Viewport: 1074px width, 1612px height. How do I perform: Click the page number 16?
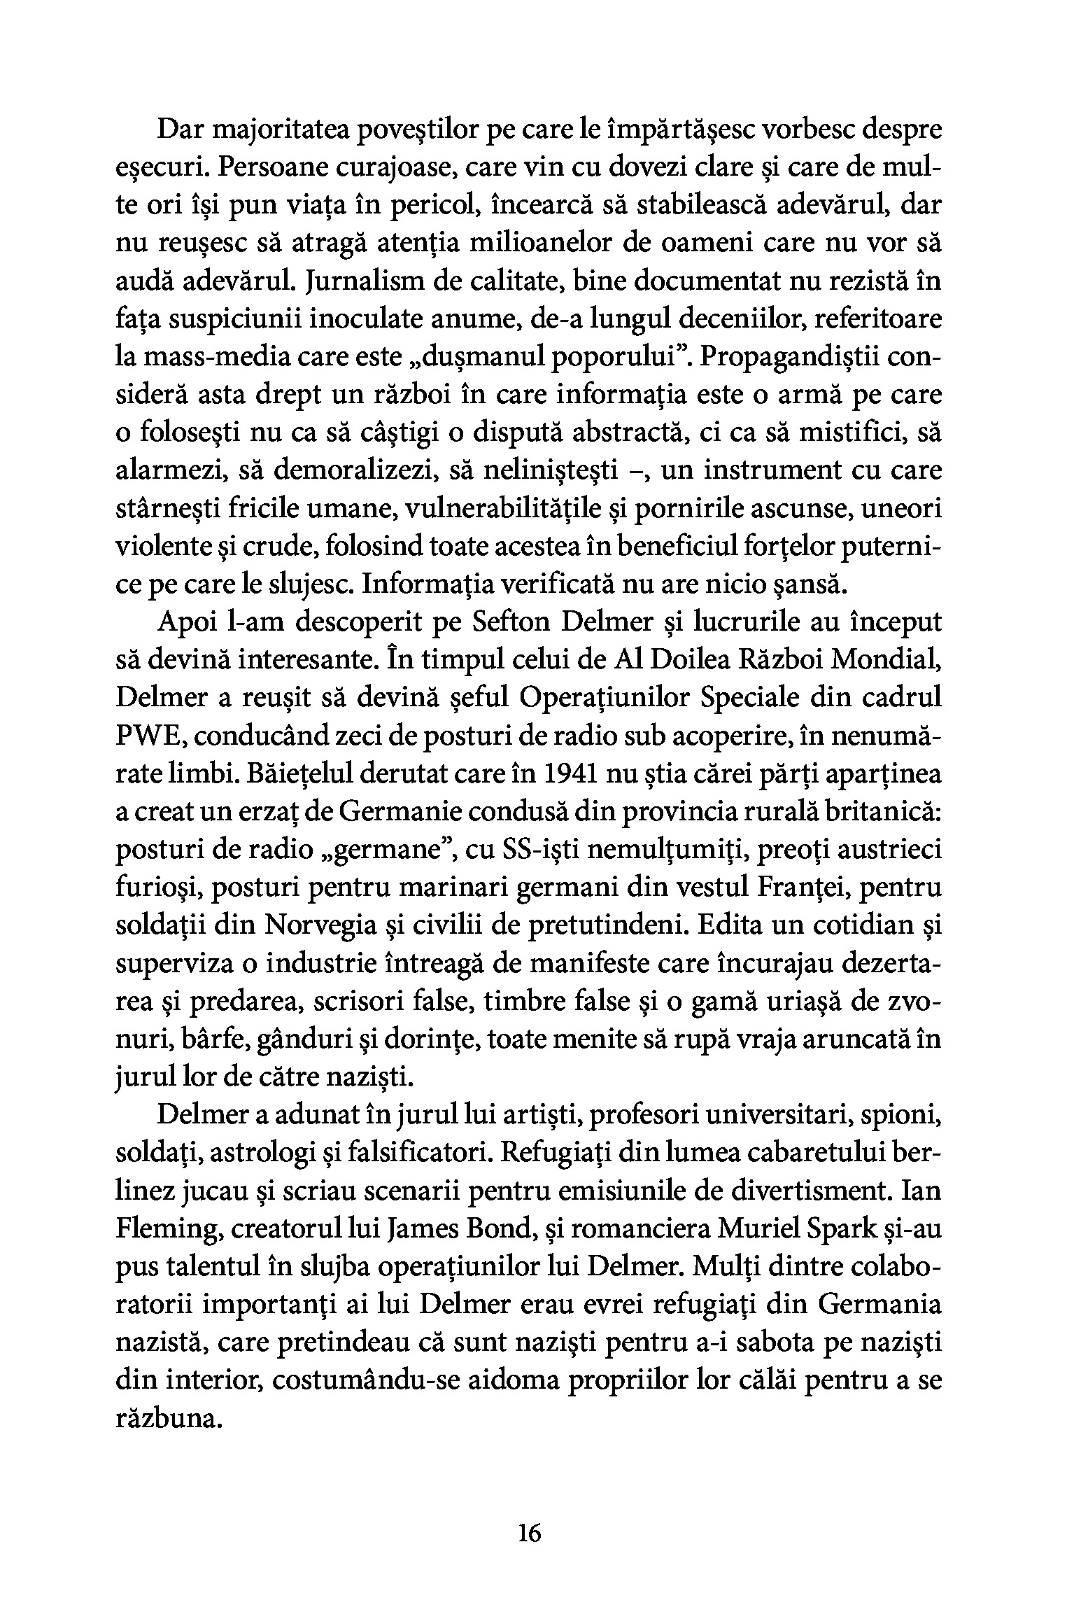click(530, 1534)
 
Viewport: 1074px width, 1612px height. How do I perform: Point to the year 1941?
click(577, 774)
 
